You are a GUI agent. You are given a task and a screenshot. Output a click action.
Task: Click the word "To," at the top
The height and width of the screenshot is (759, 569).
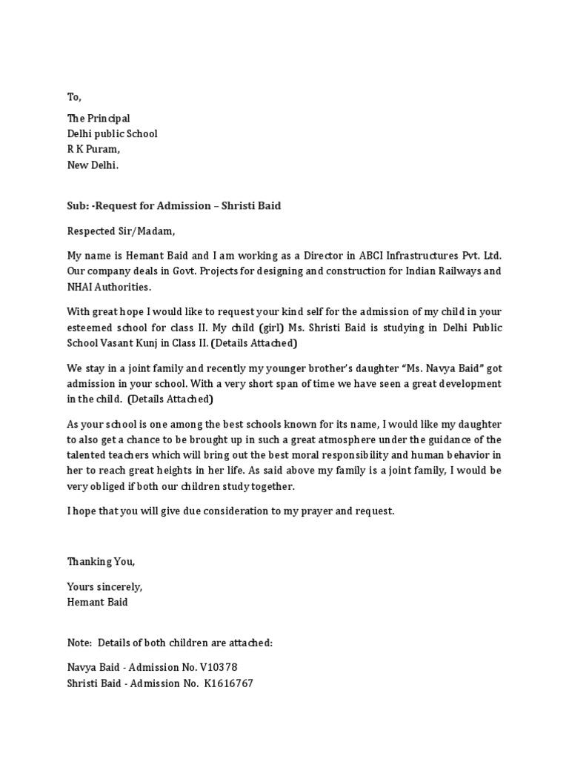pyautogui.click(x=74, y=97)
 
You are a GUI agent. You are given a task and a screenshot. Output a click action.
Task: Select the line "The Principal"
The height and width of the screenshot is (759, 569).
pyautogui.click(x=99, y=119)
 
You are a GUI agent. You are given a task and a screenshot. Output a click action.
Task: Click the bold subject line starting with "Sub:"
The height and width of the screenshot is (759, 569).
pyautogui.click(x=174, y=205)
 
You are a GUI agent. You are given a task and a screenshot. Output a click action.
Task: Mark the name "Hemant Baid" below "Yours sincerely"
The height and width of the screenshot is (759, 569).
pyautogui.click(x=97, y=602)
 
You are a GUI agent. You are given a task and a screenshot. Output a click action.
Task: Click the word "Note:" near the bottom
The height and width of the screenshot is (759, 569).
pyautogui.click(x=81, y=643)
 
